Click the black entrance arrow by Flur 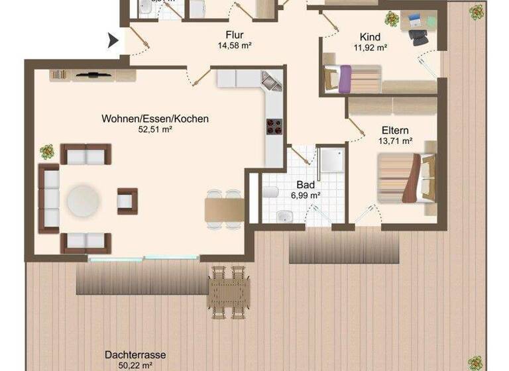pyautogui.click(x=113, y=41)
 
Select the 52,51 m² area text pyautogui.click(x=155, y=130)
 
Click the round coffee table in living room pyautogui.click(x=84, y=200)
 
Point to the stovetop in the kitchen pyautogui.click(x=274, y=126)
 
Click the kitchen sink pyautogui.click(x=270, y=81)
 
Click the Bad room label pyautogui.click(x=306, y=185)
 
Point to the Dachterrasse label pyautogui.click(x=135, y=354)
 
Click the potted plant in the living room pyautogui.click(x=47, y=152)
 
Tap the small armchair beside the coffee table pyautogui.click(x=127, y=201)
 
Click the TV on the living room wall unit pyautogui.click(x=93, y=74)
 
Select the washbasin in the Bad pyautogui.click(x=284, y=216)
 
